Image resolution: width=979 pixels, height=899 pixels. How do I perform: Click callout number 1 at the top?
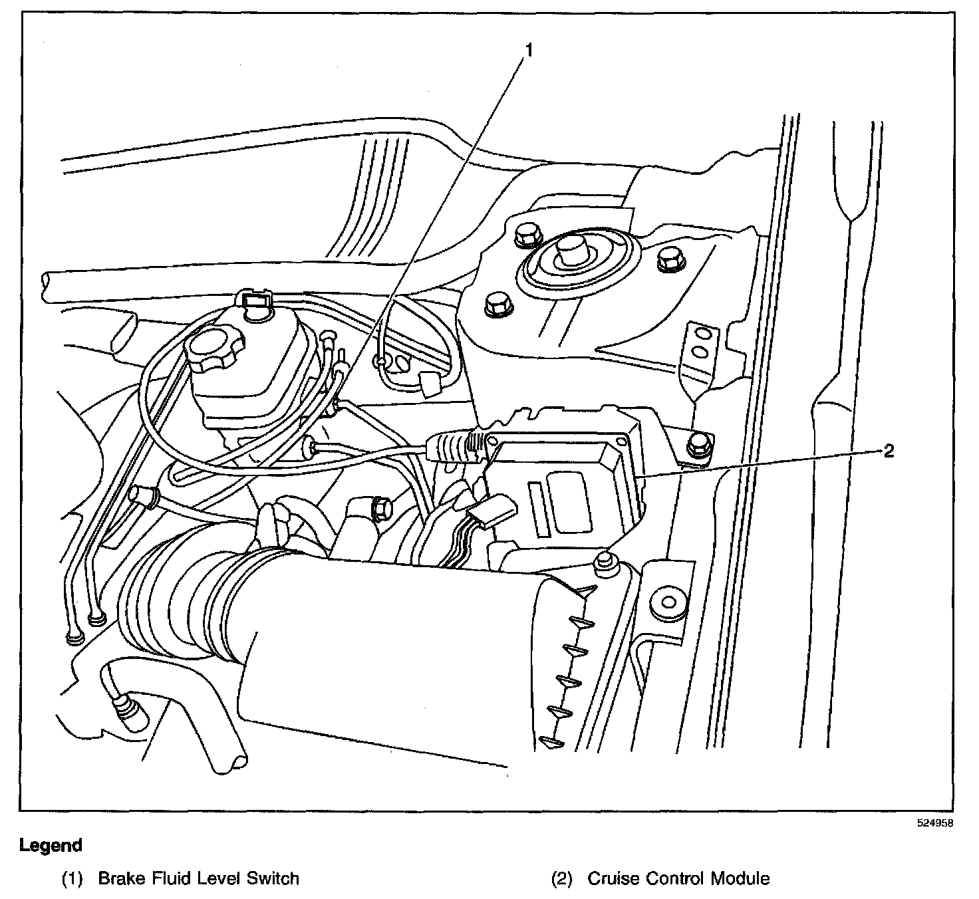click(529, 49)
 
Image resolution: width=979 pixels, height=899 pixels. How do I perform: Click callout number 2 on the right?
click(889, 451)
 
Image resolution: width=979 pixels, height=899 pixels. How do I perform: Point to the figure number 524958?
click(934, 823)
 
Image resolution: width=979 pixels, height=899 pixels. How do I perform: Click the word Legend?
click(51, 846)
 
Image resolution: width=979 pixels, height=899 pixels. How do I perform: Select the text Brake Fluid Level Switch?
click(198, 878)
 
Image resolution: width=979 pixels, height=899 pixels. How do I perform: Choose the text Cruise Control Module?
click(678, 878)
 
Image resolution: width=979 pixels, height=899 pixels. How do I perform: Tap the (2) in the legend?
click(562, 879)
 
